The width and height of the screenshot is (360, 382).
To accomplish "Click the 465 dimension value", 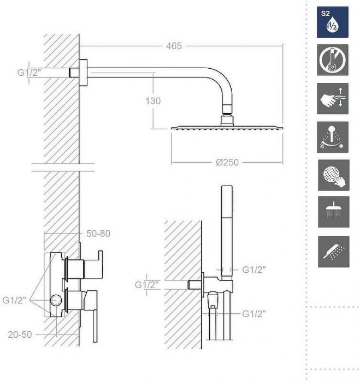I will point(174,46).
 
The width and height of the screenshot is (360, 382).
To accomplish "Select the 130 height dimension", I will point(154,100).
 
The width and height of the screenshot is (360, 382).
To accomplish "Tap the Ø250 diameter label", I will point(227,163).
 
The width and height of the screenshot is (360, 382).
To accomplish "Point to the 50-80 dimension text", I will point(98,234).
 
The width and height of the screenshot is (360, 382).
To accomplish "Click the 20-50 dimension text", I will point(20,335).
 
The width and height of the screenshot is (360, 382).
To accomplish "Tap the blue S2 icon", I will point(333,22).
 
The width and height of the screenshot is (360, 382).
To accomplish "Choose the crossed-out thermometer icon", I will point(333,61).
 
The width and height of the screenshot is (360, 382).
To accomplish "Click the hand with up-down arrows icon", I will point(333,99).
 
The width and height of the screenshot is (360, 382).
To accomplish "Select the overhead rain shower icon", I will point(333,212).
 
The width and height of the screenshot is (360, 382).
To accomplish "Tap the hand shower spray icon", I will point(333,251).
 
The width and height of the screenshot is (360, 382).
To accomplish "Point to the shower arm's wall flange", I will point(83,71).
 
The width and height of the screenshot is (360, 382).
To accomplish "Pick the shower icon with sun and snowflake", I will point(333,136).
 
